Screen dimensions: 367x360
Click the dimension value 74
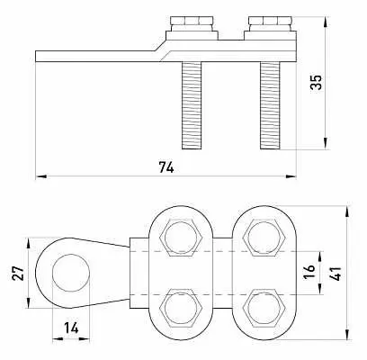166,167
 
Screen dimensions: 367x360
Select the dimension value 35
316,82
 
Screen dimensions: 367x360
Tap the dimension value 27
18,273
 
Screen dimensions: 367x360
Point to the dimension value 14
71,328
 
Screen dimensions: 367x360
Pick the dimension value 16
309,272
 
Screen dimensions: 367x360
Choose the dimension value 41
336,273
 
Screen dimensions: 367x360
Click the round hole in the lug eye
71,273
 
